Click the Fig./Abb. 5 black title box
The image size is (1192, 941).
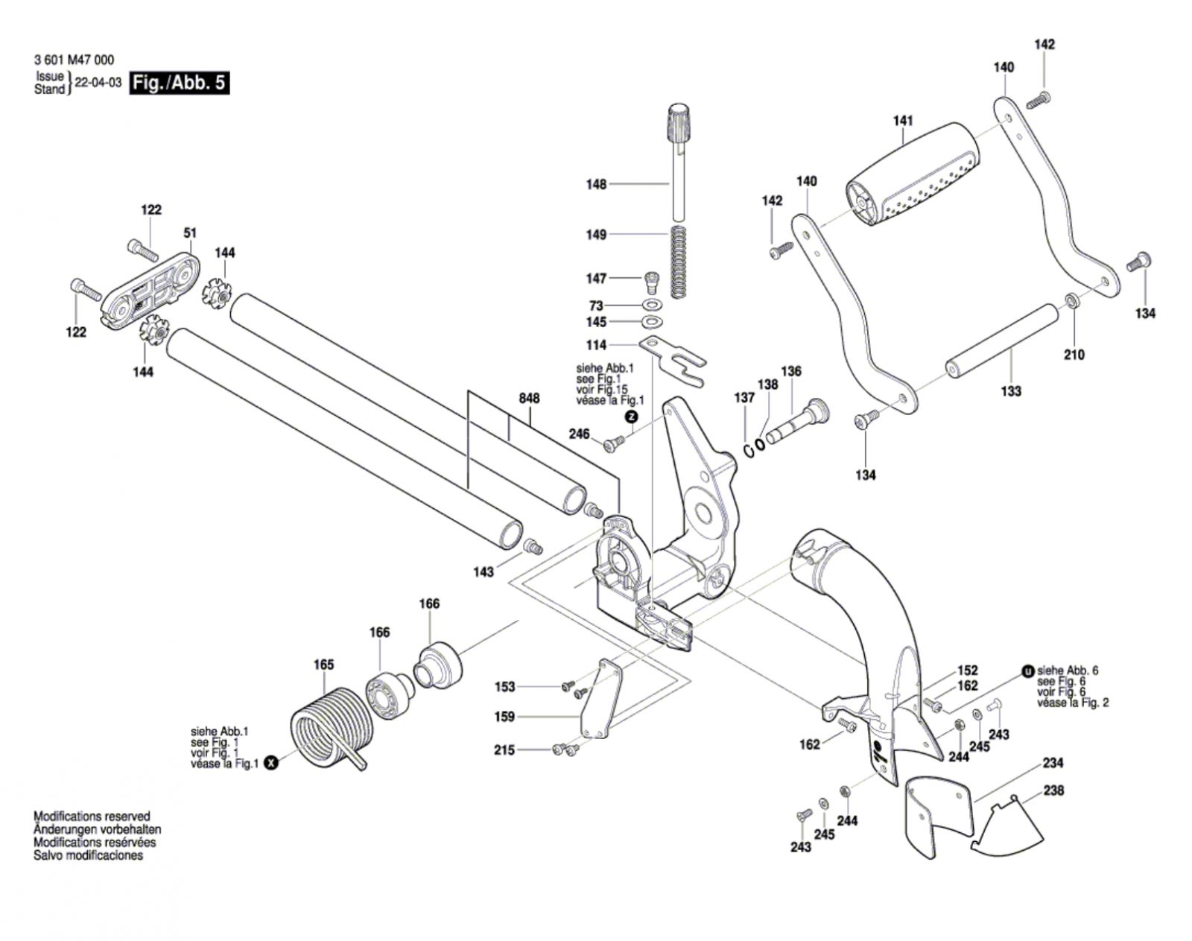[179, 83]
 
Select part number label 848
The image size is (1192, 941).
[529, 399]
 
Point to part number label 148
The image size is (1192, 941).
[596, 184]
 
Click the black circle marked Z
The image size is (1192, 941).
[632, 417]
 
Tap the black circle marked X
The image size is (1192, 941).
[271, 762]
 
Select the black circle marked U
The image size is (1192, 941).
[1028, 671]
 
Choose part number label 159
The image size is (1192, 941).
[504, 717]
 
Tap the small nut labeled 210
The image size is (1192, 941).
[1069, 301]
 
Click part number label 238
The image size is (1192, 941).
[1053, 790]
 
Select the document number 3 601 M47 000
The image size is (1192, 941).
[74, 61]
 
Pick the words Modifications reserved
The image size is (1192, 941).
[92, 817]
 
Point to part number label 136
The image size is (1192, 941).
[790, 371]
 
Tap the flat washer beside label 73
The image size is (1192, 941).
[653, 305]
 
